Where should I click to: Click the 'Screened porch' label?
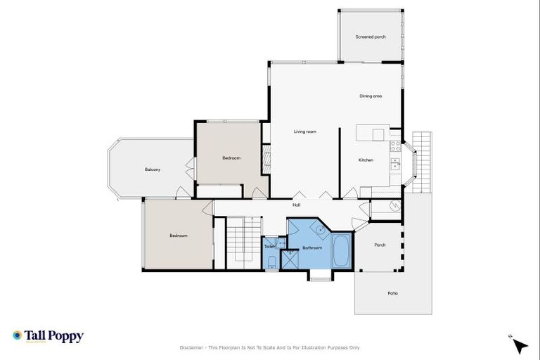370,37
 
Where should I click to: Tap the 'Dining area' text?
371,96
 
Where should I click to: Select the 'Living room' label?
304,131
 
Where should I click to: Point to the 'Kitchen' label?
366,160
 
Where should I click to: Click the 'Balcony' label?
153,169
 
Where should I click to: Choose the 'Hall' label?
297,205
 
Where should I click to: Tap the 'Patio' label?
392,292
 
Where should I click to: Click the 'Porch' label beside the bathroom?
380,245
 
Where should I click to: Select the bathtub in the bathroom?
342,250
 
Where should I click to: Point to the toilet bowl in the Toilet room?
272,263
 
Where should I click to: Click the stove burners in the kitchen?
395,147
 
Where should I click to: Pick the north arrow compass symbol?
519,345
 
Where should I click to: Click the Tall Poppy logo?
48,337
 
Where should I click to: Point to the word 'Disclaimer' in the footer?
192,347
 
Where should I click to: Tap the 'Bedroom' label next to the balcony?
231,158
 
